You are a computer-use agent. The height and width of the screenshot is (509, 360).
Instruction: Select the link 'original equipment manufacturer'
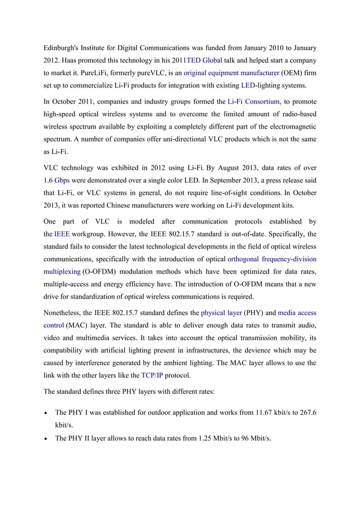[231, 73]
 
